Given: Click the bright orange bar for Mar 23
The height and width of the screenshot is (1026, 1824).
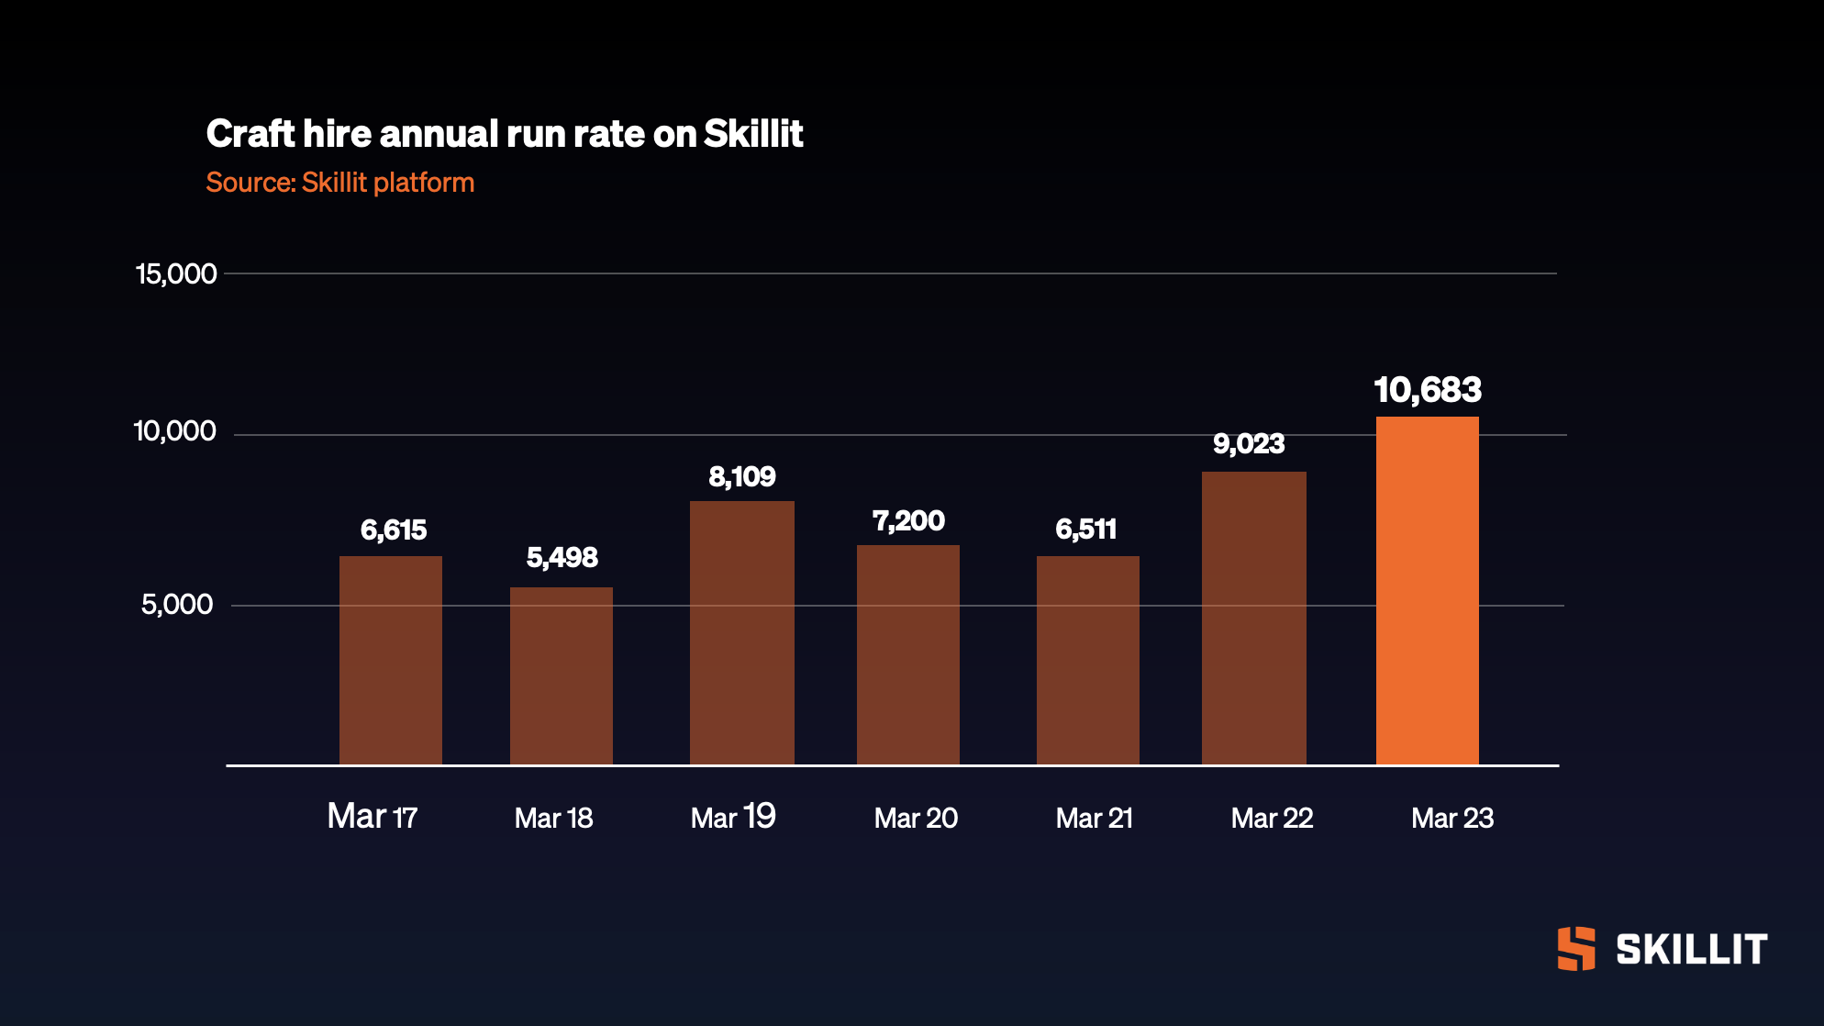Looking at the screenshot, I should tap(1427, 591).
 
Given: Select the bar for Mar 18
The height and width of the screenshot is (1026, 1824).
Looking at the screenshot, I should tap(561, 675).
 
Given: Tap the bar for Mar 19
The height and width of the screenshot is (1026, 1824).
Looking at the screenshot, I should tap(741, 632).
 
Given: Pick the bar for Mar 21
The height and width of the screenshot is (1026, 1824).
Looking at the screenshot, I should tap(1087, 660).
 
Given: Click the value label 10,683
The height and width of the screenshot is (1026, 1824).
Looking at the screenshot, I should tap(1427, 390).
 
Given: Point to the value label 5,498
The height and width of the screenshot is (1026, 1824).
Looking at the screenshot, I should tap(562, 557).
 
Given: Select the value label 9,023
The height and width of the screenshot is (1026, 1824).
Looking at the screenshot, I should tap(1249, 444).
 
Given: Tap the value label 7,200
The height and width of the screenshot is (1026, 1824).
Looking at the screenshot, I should tap(907, 521).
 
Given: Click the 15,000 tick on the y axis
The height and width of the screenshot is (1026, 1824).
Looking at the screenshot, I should tap(176, 273).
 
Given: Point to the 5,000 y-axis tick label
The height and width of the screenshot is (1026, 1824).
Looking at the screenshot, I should tap(177, 604).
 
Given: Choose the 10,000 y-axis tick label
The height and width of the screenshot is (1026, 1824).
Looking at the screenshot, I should tap(175, 431).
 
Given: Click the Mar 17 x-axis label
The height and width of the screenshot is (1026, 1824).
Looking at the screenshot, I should tap(373, 817).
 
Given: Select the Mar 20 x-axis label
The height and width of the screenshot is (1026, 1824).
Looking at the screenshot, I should tap(916, 818).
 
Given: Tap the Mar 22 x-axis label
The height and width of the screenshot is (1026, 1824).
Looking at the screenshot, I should tap(1272, 818).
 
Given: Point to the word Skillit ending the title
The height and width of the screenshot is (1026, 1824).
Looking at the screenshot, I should tap(753, 134).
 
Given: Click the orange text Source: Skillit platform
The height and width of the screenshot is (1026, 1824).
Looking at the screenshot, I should tap(339, 183).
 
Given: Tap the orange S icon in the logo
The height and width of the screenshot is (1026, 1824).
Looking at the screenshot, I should tap(1576, 949).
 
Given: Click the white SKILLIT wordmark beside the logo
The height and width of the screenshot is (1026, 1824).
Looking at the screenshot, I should tap(1691, 950).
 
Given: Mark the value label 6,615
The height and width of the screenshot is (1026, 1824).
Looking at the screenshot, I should tap(393, 530).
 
